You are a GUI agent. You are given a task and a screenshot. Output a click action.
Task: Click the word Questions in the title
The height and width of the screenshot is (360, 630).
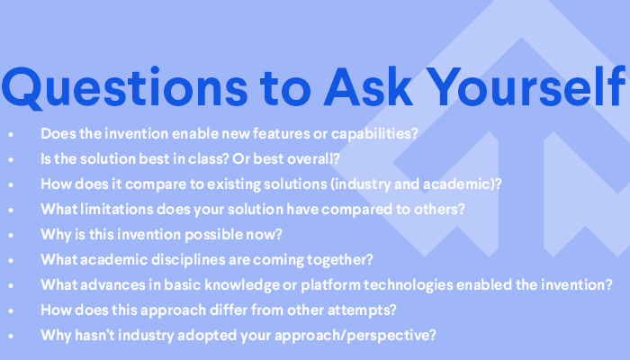pos(124,87)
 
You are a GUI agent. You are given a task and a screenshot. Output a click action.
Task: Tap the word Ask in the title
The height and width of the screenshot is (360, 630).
pos(368,86)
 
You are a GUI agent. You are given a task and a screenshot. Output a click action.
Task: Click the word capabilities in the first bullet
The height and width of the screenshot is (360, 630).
pos(374,134)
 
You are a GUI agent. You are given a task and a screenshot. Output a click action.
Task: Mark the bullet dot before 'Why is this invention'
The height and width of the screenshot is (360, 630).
pos(11,235)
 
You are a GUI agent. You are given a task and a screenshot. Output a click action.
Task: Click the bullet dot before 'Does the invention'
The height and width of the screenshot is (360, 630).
pos(11,134)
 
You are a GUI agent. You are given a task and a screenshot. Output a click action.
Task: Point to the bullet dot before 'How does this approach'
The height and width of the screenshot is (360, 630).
pos(11,310)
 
